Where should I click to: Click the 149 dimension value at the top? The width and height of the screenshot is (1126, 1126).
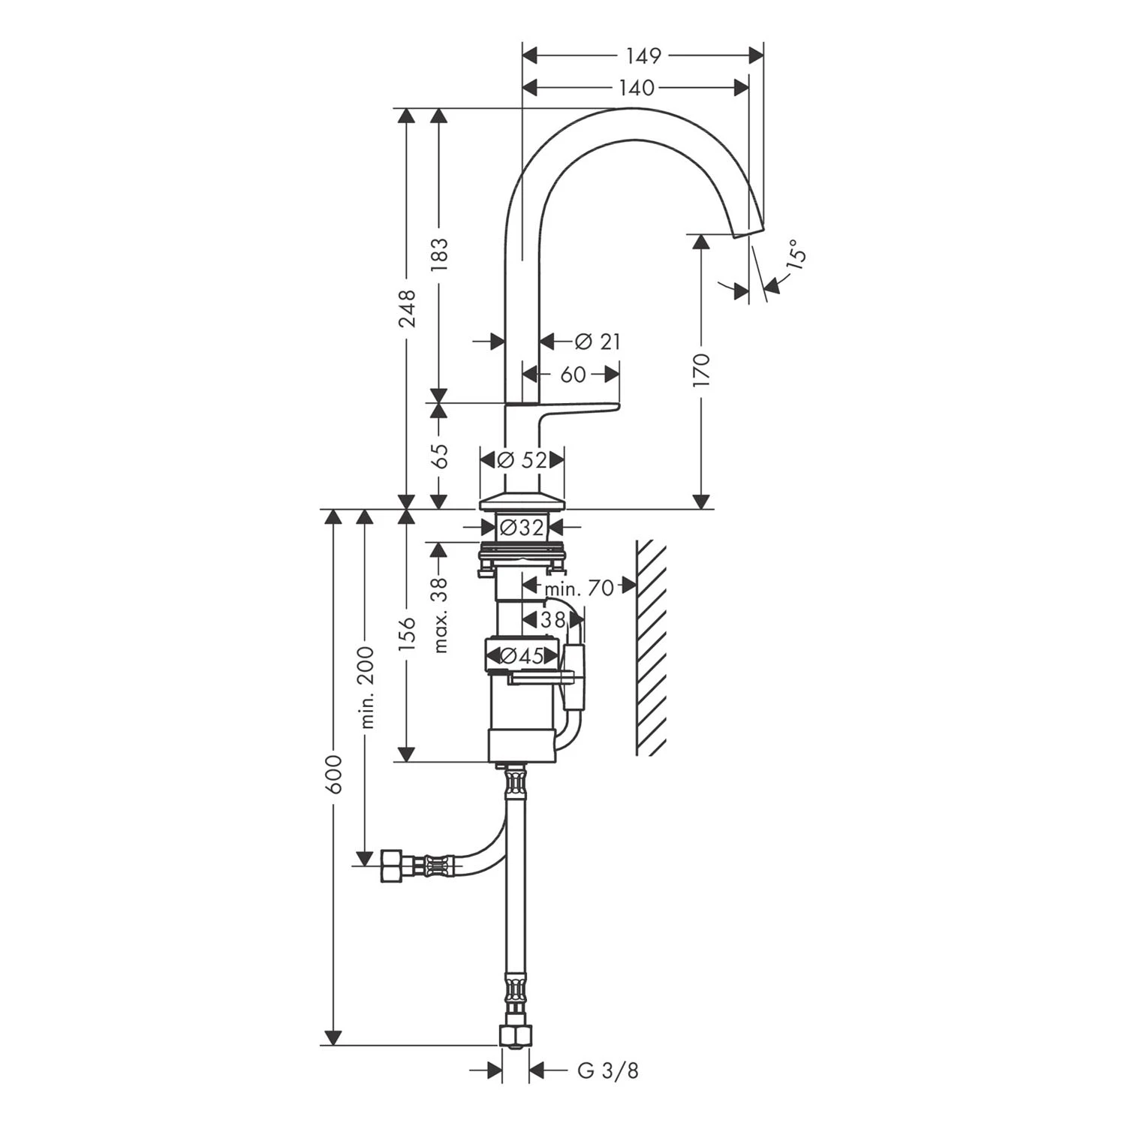click(643, 56)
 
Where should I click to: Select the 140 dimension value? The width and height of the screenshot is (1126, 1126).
click(637, 88)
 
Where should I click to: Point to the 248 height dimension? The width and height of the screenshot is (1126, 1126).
click(407, 309)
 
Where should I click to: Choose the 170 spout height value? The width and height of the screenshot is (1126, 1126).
click(701, 370)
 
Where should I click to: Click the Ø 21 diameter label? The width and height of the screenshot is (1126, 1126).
click(598, 342)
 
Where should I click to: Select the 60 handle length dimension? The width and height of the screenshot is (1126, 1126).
click(573, 374)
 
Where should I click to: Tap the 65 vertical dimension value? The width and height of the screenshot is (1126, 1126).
click(440, 456)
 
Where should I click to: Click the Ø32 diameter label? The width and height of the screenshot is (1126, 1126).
click(522, 528)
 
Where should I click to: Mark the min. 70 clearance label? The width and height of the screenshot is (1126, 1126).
click(579, 588)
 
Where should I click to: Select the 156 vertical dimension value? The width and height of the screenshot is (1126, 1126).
click(407, 635)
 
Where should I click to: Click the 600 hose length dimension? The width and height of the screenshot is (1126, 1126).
click(333, 773)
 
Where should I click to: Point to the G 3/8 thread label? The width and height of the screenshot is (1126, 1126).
click(608, 1071)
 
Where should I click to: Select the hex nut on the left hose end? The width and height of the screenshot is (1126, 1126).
click(392, 866)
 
